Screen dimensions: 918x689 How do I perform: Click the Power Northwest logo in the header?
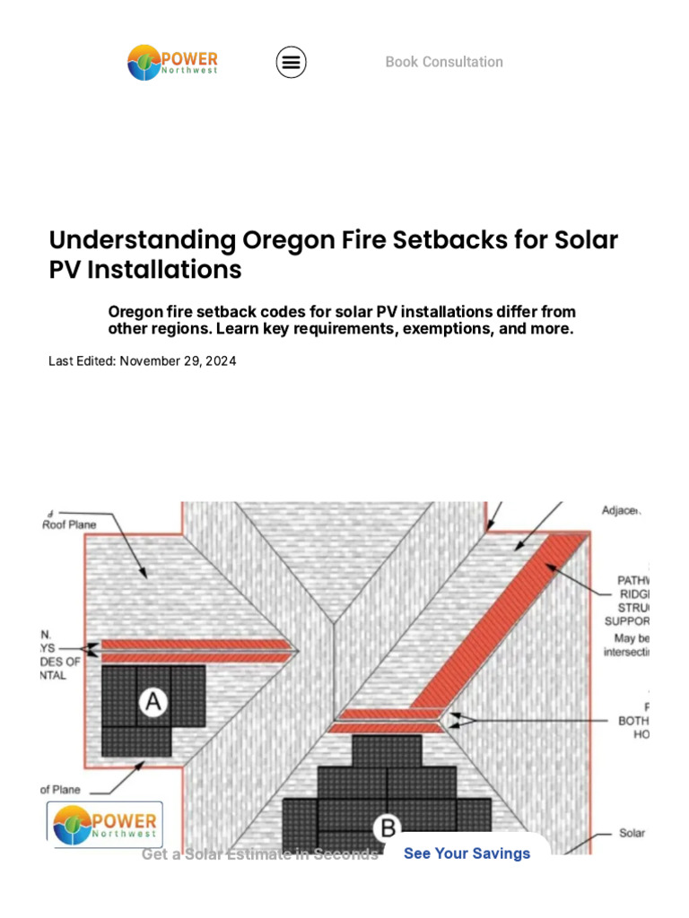point(172,62)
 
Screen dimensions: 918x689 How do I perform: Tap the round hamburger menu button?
point(291,62)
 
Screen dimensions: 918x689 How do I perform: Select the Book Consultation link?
point(444,62)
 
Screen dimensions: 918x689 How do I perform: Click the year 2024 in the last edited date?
point(221,361)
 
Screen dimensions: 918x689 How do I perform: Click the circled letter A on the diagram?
point(153,703)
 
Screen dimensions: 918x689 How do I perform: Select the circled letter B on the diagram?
point(388,827)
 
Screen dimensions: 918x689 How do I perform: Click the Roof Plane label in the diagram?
point(69,524)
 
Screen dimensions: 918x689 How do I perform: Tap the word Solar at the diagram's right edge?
point(632,833)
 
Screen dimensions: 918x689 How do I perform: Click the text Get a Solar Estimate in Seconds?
point(260,854)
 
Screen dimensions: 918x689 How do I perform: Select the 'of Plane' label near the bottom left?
point(60,790)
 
